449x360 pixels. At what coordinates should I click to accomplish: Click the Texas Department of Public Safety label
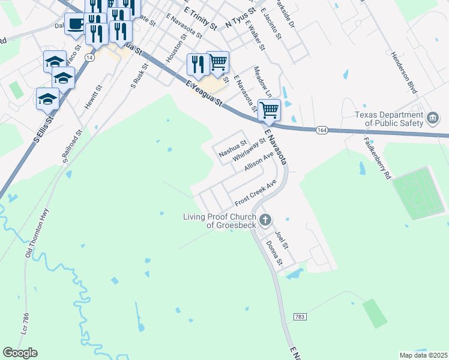coord(388,119)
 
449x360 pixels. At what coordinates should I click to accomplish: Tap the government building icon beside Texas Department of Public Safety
coord(432,119)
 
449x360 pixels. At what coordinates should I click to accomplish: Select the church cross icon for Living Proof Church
coord(265,221)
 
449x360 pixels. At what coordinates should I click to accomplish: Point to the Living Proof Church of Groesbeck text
coord(219,221)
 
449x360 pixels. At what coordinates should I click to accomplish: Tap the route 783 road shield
coord(301,316)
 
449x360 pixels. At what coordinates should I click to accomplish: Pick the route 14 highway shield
coord(89,57)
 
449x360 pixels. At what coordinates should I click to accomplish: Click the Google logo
coord(20,353)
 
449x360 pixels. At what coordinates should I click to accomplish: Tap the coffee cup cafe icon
coord(74,24)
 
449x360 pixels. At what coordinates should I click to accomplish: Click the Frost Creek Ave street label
coord(255,192)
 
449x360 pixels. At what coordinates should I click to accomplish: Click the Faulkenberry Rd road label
coord(377,158)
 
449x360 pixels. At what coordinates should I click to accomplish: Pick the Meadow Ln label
coord(263,82)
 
